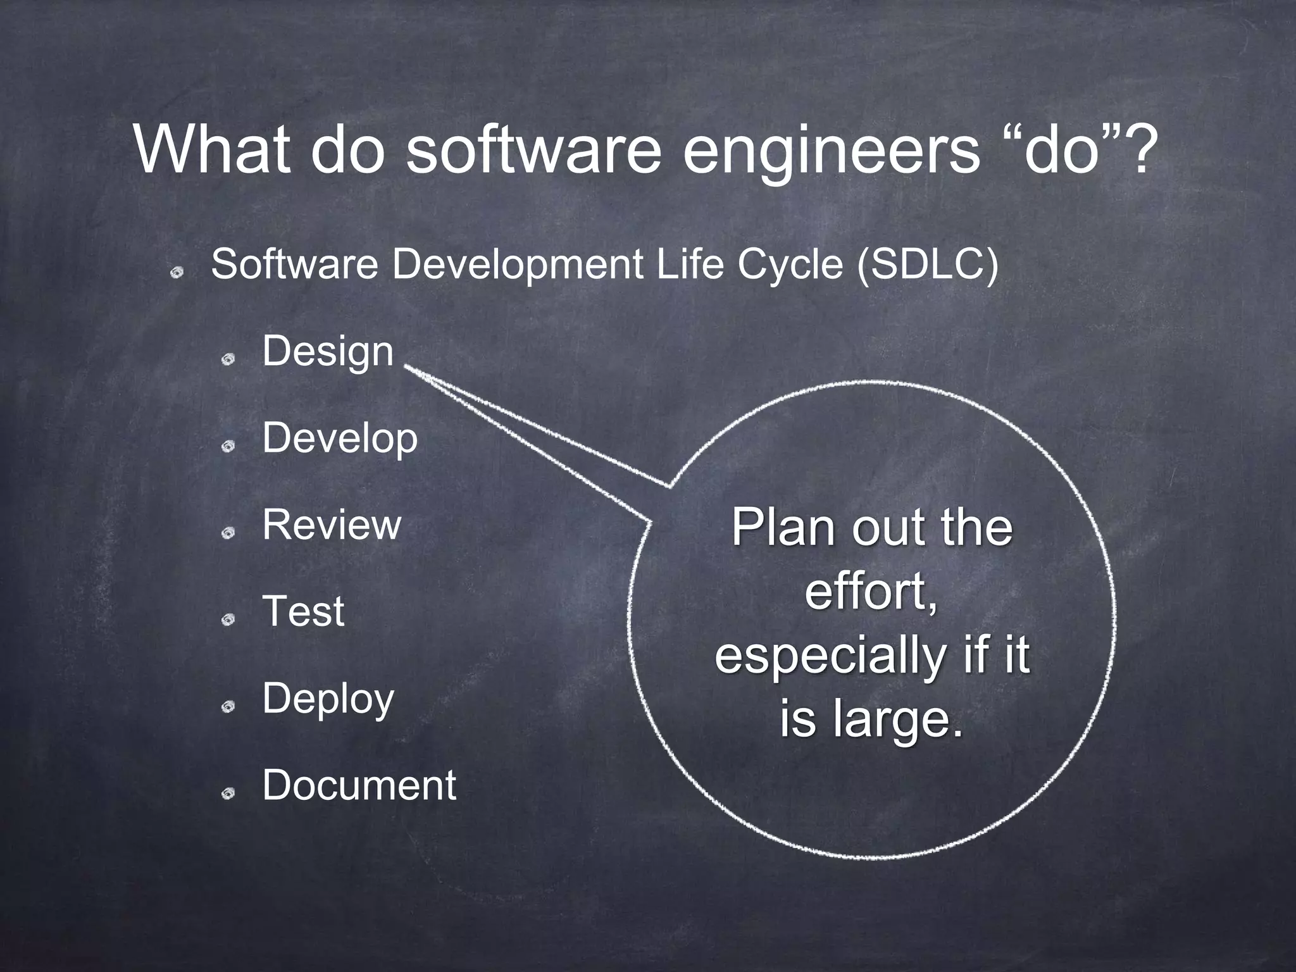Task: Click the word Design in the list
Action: (328, 352)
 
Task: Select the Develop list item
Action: (340, 438)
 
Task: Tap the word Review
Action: (332, 525)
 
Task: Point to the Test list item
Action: (303, 611)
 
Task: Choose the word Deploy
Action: (328, 699)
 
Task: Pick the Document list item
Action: (359, 785)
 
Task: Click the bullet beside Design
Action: (228, 359)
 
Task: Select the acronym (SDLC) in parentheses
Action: (927, 265)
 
